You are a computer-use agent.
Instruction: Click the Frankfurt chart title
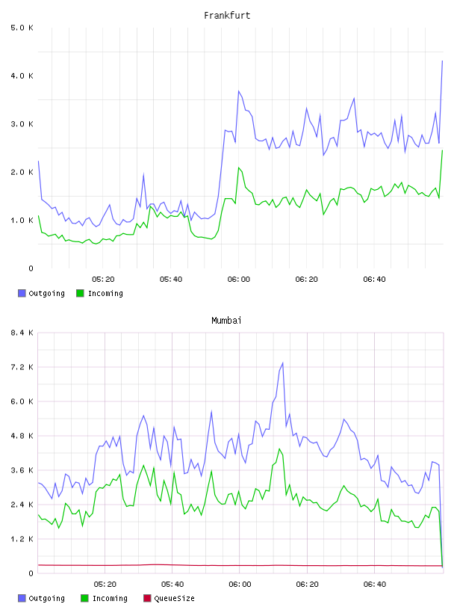227,16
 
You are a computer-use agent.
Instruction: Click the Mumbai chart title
226,321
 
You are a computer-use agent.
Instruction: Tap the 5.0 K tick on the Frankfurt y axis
22,28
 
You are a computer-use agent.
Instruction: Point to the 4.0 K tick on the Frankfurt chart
22,76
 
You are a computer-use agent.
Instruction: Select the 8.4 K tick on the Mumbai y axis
22,333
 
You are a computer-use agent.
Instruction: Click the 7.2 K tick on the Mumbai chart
22,367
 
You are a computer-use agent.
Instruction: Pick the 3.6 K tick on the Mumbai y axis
22,470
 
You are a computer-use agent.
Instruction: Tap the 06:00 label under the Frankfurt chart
239,280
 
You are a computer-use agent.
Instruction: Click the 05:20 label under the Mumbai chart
105,585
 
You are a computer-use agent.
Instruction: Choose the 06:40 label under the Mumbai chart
375,585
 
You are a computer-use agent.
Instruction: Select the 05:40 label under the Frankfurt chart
171,280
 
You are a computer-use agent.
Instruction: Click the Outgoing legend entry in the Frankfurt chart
42,293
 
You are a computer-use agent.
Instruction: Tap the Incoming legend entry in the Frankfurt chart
100,293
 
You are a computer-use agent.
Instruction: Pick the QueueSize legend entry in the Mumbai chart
169,598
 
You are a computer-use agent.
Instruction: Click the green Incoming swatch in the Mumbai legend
84,598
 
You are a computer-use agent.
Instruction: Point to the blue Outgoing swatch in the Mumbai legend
22,598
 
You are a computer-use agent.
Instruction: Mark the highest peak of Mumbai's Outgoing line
282,363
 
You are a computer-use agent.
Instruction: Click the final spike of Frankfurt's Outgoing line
442,61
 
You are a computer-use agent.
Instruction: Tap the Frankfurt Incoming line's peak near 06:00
239,167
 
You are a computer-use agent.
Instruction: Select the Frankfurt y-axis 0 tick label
31,268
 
